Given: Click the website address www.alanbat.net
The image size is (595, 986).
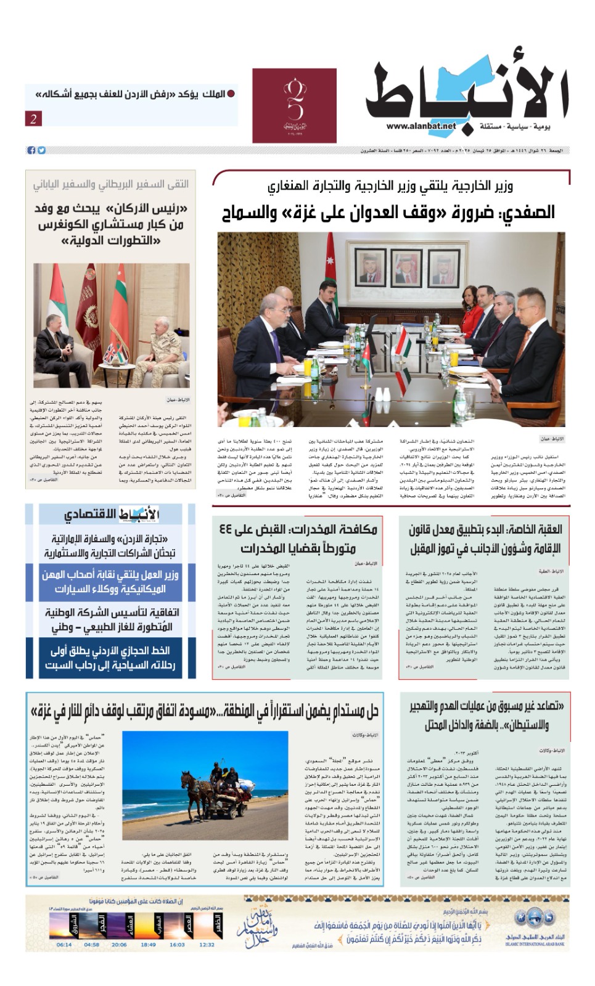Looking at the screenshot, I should pos(421,126).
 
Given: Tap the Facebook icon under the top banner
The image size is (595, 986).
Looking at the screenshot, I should pos(31,150).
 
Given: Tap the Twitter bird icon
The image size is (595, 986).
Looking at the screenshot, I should pos(41,150).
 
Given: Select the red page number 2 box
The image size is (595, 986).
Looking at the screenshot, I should pos(34,118).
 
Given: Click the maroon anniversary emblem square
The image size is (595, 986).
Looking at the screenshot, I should pos(294,105).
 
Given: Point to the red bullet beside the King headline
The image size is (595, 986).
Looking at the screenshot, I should pos(231,94).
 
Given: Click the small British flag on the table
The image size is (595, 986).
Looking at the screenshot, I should pos(112,353).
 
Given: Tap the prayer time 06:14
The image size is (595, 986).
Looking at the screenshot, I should pos(64,943).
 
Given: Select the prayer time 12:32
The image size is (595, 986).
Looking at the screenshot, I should pos(207,943).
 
